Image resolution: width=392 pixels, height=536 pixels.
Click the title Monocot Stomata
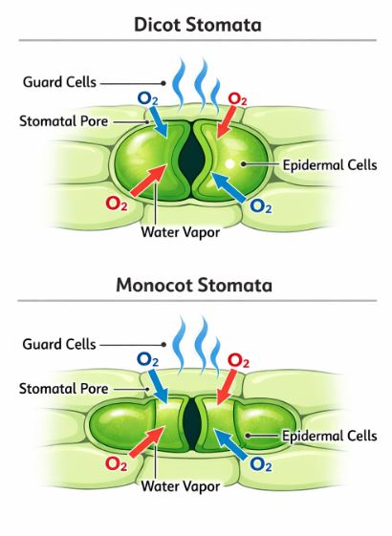click(195, 284)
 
